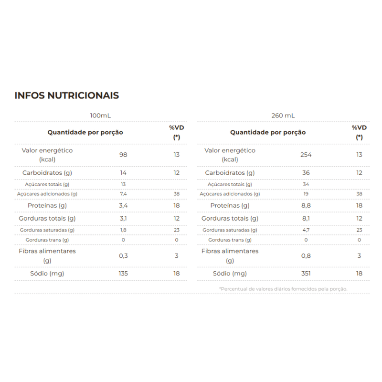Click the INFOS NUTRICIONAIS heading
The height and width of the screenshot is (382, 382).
67,95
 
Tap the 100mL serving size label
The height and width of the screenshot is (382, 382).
100,116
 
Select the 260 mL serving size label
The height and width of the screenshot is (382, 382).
283,116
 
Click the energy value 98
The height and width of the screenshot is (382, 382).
123,155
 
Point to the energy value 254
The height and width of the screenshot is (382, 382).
306,155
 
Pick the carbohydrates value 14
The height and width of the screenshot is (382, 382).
123,173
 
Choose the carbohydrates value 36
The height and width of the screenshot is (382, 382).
306,173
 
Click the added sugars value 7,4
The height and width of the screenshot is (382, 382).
123,194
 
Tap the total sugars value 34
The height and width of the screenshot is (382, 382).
306,184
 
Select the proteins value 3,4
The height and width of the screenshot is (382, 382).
123,205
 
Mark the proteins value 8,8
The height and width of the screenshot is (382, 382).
306,205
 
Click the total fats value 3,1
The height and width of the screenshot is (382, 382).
123,219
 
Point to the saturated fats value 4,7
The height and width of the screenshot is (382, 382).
306,230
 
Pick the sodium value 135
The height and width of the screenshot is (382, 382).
123,274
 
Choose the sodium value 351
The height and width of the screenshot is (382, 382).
306,274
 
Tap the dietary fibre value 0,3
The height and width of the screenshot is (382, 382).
123,256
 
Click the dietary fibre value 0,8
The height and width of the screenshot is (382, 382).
306,256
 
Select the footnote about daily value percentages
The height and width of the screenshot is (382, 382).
283,289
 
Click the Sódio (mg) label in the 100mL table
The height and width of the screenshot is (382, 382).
47,274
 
